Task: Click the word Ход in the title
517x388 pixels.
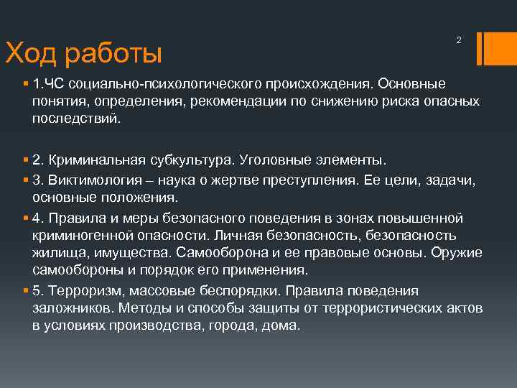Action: (x=30, y=53)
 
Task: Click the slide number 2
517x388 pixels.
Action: (x=459, y=40)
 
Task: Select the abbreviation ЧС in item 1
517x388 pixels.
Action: (x=57, y=84)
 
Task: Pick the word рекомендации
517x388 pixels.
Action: (x=232, y=101)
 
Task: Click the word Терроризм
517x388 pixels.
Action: (x=85, y=290)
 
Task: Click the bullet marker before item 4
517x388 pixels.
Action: (x=25, y=218)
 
